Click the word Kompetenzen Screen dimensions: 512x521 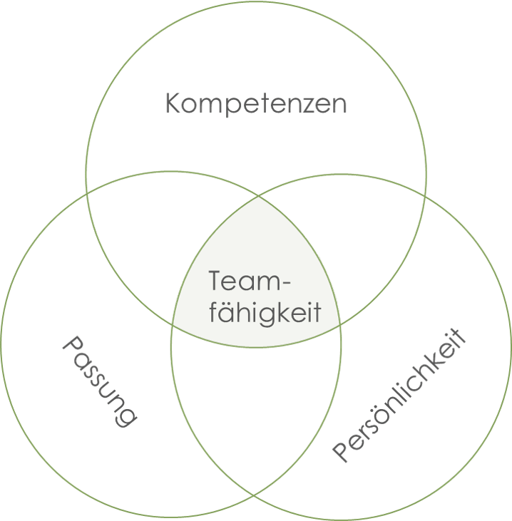pos(256,104)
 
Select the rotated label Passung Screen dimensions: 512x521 pos(100,381)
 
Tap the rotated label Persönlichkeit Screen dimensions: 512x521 pos(399,396)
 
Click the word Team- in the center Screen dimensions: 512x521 pos(250,281)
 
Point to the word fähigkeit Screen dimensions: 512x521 pos(265,312)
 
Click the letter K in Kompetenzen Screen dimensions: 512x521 pos(173,103)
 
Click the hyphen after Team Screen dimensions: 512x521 pos(286,284)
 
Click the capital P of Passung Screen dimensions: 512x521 pos(73,346)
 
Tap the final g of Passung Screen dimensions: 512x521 pos(126,417)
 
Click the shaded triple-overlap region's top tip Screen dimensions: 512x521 pos(259,196)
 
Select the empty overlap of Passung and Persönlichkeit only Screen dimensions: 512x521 pos(256,412)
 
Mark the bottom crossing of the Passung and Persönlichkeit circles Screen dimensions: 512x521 pos(255,496)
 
